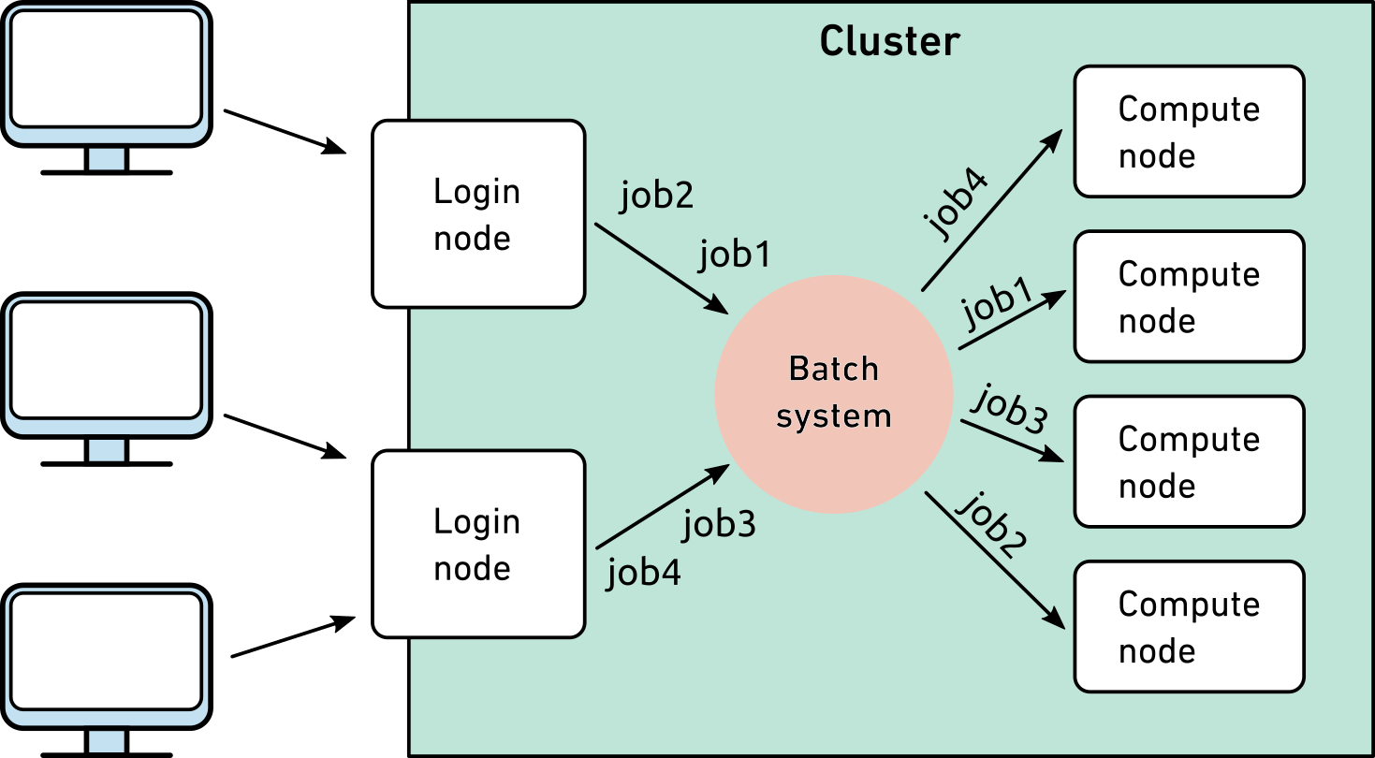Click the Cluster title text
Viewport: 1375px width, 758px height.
889,42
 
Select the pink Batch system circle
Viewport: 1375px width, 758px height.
833,393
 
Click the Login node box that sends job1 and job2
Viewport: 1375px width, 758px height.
479,213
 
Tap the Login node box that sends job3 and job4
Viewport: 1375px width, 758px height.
479,544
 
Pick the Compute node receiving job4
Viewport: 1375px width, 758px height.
1189,131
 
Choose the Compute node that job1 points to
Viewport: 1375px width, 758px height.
1189,297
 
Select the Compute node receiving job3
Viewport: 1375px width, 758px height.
1189,461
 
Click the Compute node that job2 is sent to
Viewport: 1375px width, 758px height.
1189,626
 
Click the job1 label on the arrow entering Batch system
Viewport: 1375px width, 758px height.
735,254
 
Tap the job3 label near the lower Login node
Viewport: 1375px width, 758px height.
719,526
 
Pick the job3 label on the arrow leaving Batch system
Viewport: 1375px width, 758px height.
1009,410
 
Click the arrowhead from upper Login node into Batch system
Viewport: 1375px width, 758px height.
719,306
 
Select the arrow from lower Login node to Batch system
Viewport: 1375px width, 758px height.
663,506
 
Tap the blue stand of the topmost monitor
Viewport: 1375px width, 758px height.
106,159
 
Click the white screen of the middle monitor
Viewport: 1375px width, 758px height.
106,359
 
